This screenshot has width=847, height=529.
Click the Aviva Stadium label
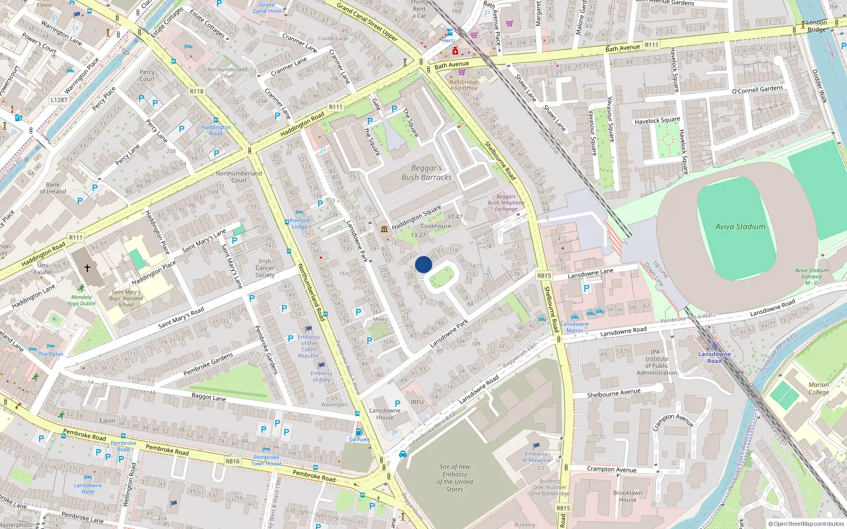[x=740, y=226]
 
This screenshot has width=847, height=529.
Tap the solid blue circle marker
[x=424, y=264]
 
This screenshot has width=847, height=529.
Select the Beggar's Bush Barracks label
[x=427, y=172]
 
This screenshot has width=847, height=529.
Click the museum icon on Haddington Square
[x=384, y=229]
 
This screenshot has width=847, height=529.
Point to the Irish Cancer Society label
[x=265, y=268]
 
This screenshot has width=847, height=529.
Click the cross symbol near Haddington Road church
[x=87, y=268]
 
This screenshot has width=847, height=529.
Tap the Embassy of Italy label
[x=321, y=376]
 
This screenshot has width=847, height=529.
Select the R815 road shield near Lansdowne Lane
[x=544, y=276]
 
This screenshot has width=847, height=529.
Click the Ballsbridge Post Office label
[x=464, y=85]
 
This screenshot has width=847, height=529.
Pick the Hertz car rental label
[x=448, y=40]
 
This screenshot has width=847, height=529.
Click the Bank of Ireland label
[x=53, y=188]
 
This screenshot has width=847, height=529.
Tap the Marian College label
[x=818, y=388]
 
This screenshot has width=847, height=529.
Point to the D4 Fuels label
[x=359, y=440]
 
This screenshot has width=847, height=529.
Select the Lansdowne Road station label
[x=714, y=358]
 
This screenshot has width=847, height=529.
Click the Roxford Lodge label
[x=299, y=223]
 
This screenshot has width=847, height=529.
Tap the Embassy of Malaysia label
[x=536, y=457]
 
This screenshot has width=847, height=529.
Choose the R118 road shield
[x=196, y=92]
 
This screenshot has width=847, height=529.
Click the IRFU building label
[x=417, y=402]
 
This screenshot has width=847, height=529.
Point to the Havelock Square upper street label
[x=657, y=121]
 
